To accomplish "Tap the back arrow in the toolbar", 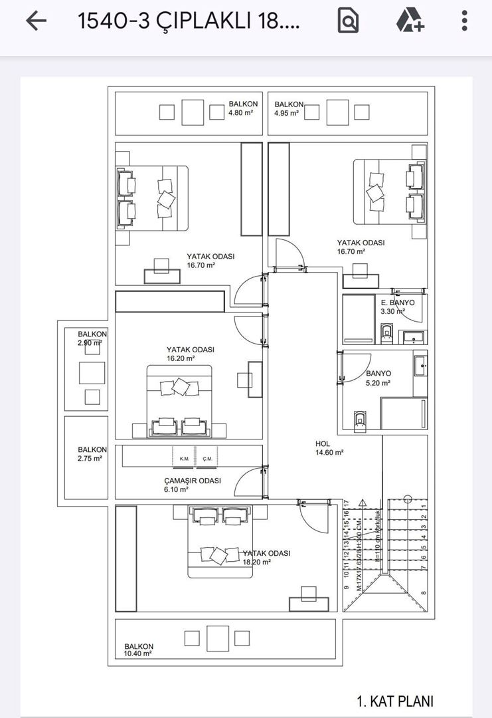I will click(36, 21).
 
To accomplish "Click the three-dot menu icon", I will click(465, 21).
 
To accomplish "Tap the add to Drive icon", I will click(410, 21).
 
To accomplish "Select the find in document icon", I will click(348, 21).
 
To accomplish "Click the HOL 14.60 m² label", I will click(329, 448).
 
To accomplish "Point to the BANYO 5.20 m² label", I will click(378, 378).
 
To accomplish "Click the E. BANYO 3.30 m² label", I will click(397, 306).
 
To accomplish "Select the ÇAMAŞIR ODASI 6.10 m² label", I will click(192, 485).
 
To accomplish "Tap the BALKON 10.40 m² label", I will click(139, 650).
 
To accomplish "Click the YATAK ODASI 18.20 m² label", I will click(266, 557).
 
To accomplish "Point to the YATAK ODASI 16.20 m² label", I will click(190, 354).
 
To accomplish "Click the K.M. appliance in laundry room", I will click(184, 458).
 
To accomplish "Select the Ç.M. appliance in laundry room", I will click(206, 458).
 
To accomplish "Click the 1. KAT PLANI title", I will click(394, 701).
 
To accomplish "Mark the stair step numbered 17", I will click(346, 504).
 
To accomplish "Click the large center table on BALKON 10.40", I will click(217, 638).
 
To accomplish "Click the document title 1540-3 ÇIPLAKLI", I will click(189, 21).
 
